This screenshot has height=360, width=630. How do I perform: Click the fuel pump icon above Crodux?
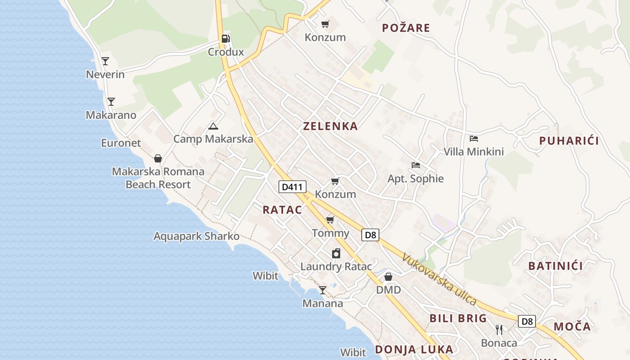tap(226, 39)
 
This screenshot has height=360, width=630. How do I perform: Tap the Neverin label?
tap(105, 74)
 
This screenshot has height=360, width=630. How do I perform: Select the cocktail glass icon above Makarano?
tap(111, 101)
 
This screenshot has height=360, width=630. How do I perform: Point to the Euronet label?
tap(121, 143)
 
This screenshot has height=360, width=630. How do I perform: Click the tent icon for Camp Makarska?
tap(213, 126)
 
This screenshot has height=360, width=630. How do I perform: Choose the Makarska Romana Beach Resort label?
tap(158, 178)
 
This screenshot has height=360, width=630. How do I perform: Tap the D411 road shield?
tap(292, 187)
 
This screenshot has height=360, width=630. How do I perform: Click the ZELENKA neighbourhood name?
tap(331, 126)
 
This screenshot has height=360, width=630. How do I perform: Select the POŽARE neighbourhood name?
tap(406, 28)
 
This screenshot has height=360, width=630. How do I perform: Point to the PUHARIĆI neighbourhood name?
tap(569, 141)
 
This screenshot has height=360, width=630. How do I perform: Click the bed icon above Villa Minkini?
tap(474, 138)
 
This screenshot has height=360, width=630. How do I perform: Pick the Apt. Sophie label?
tap(415, 179)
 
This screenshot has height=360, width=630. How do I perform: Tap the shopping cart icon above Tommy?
tap(330, 220)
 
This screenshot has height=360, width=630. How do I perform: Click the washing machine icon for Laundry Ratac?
tap(336, 253)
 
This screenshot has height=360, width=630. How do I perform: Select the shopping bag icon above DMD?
tap(388, 276)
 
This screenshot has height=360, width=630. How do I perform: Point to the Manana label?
tap(323, 303)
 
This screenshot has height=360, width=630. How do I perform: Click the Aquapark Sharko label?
tap(196, 236)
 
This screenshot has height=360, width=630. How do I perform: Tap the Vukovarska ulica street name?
tap(439, 279)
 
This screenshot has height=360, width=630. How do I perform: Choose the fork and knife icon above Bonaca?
tap(499, 329)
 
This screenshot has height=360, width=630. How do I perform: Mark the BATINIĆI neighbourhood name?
tap(556, 266)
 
